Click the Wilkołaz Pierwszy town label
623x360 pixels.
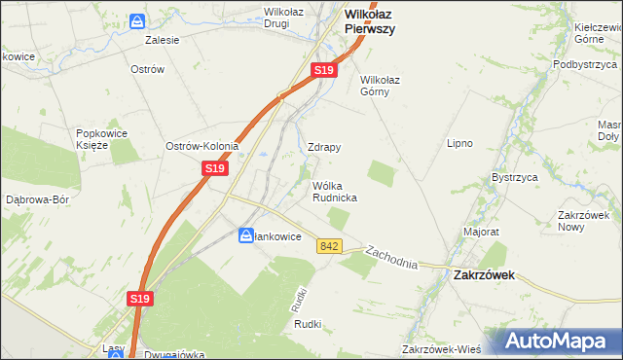370,21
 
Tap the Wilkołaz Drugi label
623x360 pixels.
277,18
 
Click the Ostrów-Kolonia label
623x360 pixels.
202,146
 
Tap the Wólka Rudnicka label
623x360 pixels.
334,191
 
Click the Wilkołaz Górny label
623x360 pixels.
382,86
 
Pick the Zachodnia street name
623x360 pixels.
391,258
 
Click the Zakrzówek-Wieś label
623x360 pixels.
444,349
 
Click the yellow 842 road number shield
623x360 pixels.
328,247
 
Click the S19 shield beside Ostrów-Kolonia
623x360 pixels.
215,168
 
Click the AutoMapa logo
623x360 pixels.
559,342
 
